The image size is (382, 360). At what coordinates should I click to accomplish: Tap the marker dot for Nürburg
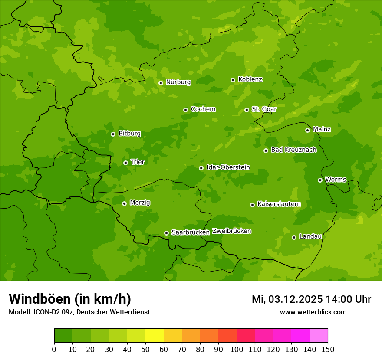point(161,83)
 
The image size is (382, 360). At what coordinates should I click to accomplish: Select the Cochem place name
point(203,109)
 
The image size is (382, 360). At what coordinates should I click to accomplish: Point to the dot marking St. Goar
point(247,110)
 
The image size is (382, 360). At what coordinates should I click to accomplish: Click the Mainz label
point(322,130)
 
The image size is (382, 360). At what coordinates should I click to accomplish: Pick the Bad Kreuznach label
point(293,150)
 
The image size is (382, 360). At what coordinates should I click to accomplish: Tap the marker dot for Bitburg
point(113,134)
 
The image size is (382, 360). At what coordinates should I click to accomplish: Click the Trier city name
point(138,162)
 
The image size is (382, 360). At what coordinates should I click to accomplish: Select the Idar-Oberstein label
point(228,167)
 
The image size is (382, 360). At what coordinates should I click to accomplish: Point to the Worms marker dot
point(320,180)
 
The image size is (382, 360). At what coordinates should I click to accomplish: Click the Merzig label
point(140,203)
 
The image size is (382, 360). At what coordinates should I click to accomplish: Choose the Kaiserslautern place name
point(279,204)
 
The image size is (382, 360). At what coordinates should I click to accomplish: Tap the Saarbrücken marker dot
point(166,233)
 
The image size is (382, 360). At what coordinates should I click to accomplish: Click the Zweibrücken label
point(231,231)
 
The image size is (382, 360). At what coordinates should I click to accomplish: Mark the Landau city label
point(310,237)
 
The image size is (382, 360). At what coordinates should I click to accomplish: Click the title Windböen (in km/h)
point(70,299)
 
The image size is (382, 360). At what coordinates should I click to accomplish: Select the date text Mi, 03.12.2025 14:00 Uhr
point(311,299)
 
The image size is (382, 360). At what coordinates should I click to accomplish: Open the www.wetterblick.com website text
point(313,312)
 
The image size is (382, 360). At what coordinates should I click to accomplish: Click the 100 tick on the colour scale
point(237,350)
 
